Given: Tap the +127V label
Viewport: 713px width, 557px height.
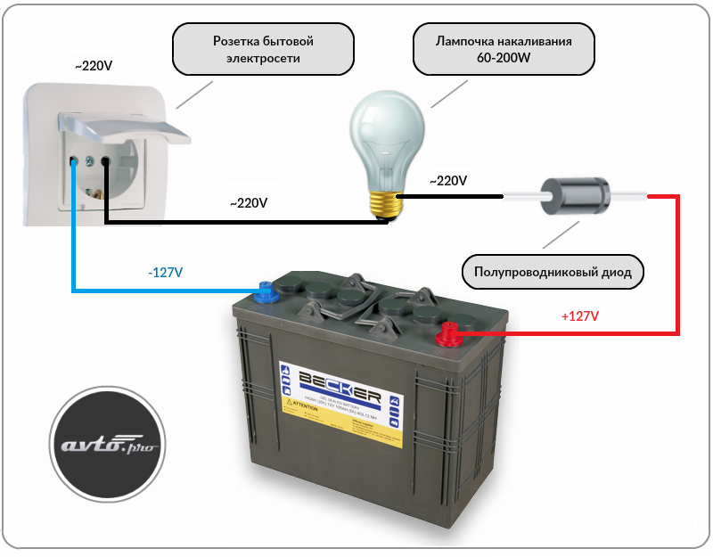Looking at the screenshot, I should [579, 316].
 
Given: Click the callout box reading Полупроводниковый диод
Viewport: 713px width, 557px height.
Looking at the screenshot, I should [553, 272].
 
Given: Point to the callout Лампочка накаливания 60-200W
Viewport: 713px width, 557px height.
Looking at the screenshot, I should [504, 50].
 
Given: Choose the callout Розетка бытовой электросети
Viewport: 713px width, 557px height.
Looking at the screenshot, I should [263, 50].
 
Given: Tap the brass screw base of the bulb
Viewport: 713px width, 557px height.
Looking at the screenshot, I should [386, 202].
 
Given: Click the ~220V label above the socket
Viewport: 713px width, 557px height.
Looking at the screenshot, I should [94, 66].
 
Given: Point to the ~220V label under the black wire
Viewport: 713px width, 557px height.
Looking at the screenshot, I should [249, 203].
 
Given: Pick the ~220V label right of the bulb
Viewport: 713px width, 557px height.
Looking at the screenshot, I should [447, 181].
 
